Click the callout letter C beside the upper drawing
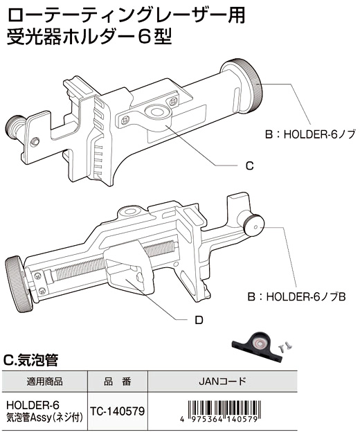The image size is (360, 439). coord(249,165)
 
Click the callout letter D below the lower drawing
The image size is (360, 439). coord(199,320)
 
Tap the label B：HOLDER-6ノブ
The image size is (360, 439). coord(310,134)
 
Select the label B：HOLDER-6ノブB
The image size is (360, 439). coord(297,297)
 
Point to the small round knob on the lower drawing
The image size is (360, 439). coord(254,224)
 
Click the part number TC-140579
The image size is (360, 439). coord(117,411)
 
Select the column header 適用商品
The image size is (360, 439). coord(45,382)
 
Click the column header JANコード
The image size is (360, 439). coord(222,381)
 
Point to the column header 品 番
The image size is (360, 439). coord(117,382)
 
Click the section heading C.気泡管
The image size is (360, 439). coord(30,360)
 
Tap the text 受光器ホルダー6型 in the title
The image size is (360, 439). coord(89,37)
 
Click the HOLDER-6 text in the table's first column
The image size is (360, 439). coord(33,405)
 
